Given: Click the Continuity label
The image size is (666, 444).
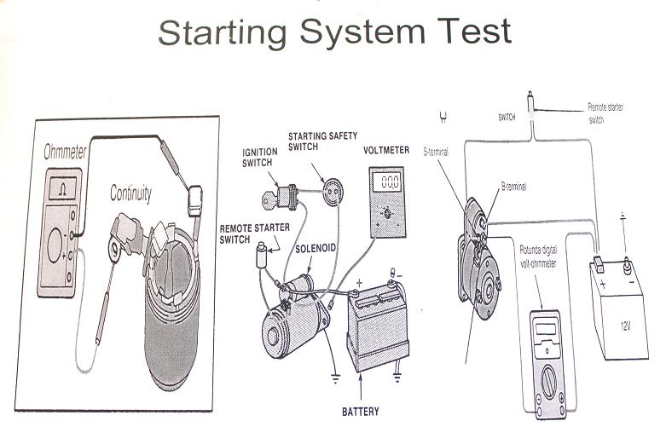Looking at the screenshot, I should tap(130, 194).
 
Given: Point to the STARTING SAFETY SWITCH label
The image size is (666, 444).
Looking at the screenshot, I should tap(322, 141).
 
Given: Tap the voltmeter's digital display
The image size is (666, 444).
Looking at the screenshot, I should tap(390, 182).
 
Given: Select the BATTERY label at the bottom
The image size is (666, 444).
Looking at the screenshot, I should tap(360, 412).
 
